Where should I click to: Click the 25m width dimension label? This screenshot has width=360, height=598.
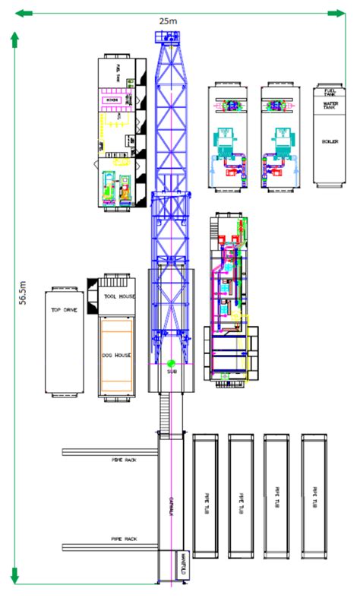168,21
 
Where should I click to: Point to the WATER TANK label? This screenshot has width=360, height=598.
330,105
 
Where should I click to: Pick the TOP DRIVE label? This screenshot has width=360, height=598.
65,310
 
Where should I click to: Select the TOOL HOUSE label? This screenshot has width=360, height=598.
118,296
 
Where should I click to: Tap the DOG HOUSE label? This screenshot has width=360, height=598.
117,354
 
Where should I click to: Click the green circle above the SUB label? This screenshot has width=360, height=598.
172,364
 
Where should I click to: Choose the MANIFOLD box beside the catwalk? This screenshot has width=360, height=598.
183,565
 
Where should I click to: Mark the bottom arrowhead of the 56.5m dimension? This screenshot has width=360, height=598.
14,575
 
